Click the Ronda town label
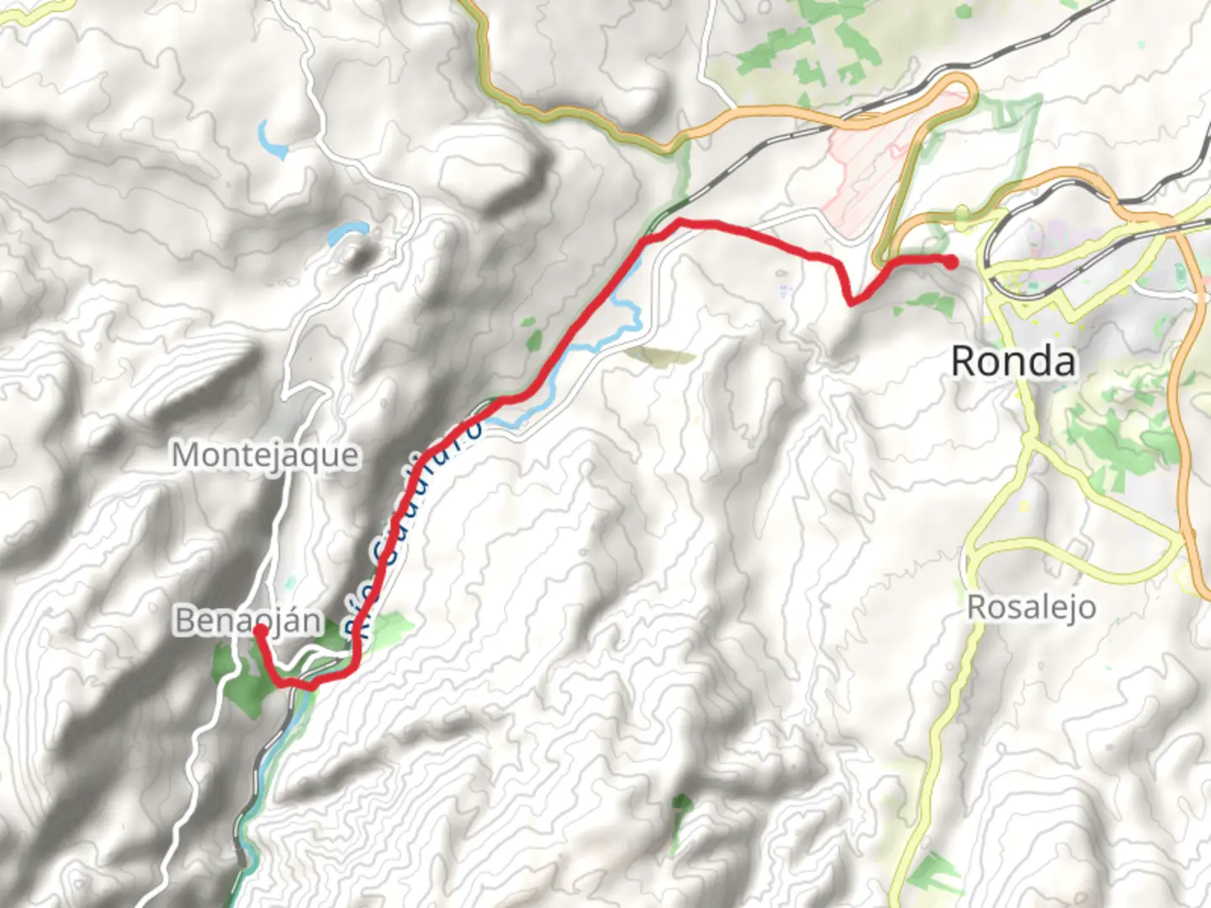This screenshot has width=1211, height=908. (x=1013, y=362)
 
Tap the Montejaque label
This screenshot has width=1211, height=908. (x=266, y=456)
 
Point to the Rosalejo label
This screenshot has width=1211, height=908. (x=1031, y=607)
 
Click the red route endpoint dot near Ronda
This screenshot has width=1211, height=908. (x=951, y=262)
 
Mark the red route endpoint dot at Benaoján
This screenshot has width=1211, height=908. (x=260, y=630)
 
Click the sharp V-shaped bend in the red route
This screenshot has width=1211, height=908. (x=852, y=301)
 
